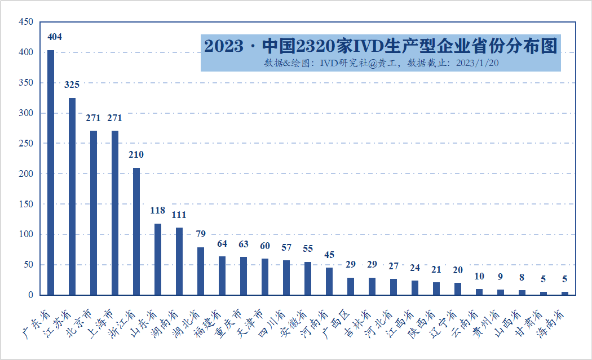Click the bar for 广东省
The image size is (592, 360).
point(51,172)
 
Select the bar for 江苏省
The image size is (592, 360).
point(72,196)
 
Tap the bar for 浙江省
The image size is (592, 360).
point(136,231)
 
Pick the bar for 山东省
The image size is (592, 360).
point(158,259)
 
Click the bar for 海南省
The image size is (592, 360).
point(565,293)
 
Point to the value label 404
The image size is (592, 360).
point(55,37)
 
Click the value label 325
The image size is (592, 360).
point(72,85)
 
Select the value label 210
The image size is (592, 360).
point(136,155)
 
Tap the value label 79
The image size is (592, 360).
point(201,234)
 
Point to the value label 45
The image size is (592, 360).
point(329,255)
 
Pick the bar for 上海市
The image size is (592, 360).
point(115,212)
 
